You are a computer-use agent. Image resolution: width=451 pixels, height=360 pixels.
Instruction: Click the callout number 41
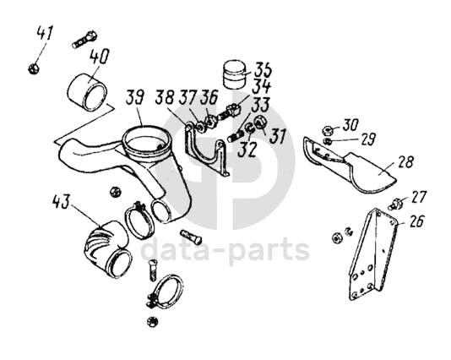(x=45, y=34)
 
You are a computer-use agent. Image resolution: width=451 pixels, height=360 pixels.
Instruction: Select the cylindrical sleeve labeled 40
(x=87, y=93)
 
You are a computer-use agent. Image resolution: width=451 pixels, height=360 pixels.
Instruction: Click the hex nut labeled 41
(x=35, y=68)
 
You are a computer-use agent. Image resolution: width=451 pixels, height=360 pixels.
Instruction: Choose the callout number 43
(x=61, y=201)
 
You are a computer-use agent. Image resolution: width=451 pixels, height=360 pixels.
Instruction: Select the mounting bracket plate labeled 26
(x=372, y=254)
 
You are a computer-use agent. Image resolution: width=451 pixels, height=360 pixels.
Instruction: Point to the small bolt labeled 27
(x=394, y=204)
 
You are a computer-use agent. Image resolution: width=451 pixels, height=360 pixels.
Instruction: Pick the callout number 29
(x=367, y=139)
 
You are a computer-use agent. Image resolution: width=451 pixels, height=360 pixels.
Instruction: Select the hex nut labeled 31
(x=260, y=121)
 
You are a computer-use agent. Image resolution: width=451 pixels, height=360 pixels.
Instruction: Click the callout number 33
(x=260, y=105)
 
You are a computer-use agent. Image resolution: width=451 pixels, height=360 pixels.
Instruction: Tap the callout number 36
(x=209, y=97)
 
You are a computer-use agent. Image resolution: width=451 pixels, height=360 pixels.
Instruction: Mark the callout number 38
(x=165, y=97)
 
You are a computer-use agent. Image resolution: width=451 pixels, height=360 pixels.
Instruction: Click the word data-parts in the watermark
(x=225, y=250)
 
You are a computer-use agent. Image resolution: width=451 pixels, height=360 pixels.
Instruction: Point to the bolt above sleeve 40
(x=84, y=41)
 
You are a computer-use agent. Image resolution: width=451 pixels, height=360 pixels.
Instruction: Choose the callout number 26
(x=415, y=221)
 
